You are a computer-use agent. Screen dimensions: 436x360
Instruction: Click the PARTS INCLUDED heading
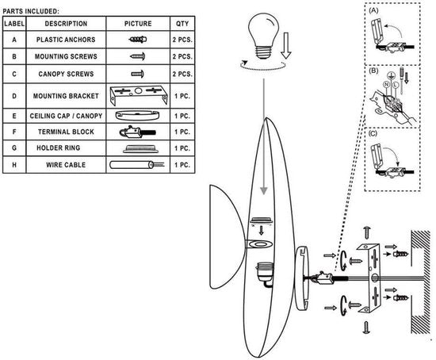[31, 11]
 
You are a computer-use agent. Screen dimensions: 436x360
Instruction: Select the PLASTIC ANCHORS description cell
[66, 40]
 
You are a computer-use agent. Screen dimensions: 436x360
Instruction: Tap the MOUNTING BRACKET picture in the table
[139, 95]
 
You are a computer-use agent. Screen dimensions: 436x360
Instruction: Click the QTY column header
[182, 24]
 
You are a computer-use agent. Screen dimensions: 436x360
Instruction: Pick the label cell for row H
[14, 165]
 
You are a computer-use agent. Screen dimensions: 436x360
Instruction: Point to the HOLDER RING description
[59, 147]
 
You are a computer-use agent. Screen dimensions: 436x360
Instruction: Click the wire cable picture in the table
[136, 165]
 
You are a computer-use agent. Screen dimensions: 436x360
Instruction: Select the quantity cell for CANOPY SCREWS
[182, 74]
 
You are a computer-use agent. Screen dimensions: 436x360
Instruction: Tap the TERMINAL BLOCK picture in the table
[137, 132]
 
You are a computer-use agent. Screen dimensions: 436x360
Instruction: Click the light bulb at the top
[262, 36]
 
